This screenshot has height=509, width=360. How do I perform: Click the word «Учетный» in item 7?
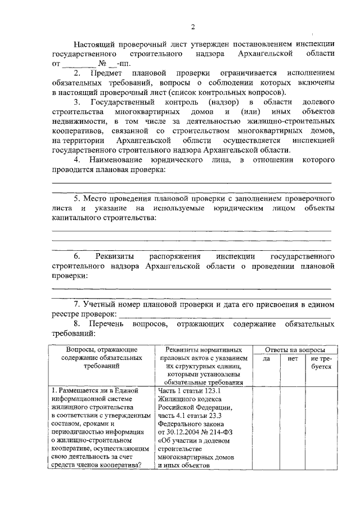coord(101,304)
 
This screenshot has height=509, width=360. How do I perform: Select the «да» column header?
coord(267,358)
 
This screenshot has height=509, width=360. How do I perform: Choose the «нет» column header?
coord(292,358)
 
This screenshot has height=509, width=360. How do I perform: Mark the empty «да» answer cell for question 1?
coord(267,427)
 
